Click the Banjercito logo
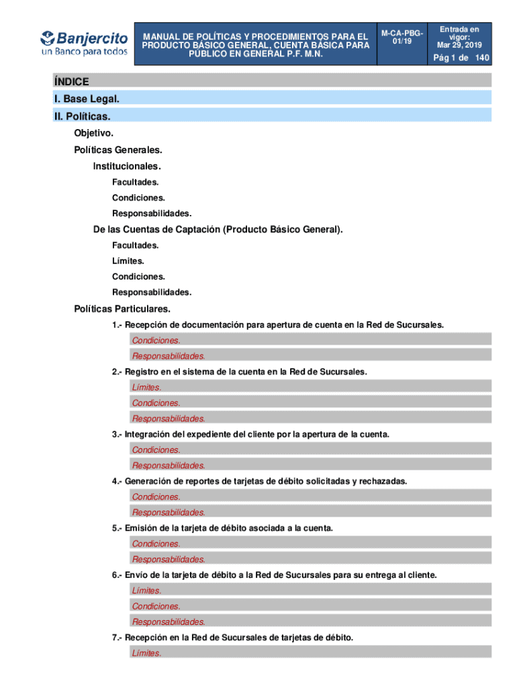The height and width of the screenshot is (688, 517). pos(84,42)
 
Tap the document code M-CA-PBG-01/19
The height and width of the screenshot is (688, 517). pos(402,37)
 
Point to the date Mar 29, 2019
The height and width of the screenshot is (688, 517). pos(459,45)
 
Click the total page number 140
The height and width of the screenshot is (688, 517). pos(482,58)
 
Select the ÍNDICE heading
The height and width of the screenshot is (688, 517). pos(72,82)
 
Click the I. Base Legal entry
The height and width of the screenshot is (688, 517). pos(87,99)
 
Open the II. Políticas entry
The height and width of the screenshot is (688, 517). pos(82,117)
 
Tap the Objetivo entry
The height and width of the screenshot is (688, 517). pos(93,134)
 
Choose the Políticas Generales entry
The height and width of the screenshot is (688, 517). pos(118,150)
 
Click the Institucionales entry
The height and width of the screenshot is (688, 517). pos(127,166)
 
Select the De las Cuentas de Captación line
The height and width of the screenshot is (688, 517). pos(218,230)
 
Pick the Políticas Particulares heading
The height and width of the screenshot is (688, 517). pos(122,309)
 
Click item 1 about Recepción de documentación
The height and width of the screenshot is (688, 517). pos(278,325)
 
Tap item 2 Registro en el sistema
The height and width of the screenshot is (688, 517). pos(240,372)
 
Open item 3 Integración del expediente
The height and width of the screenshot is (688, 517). pos(250,435)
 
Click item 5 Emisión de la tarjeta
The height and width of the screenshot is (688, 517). pos(222,528)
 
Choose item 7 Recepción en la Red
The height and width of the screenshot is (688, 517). pos(232,637)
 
